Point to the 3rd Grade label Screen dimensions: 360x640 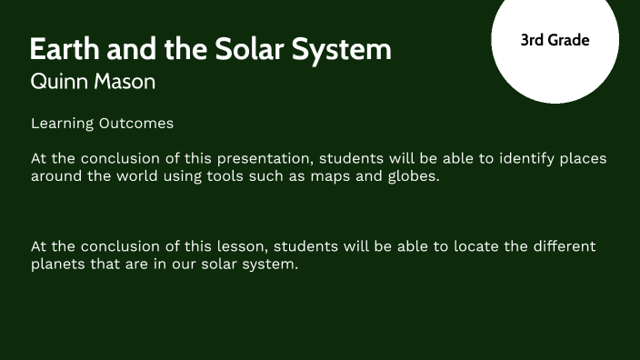(555, 40)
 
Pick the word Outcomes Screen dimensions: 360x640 (136, 123)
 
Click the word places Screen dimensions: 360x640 (579, 158)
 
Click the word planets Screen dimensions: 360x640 (57, 265)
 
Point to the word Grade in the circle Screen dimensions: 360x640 (568, 40)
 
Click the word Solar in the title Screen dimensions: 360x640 (250, 49)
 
